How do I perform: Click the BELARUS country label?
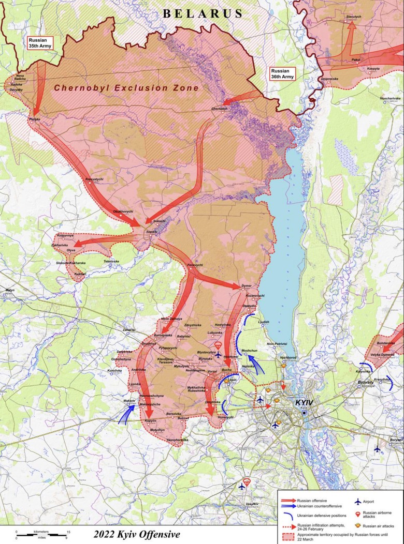(203, 13)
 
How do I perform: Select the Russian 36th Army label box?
(282, 73)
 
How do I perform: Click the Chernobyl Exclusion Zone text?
(127, 88)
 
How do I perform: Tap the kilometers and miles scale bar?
(41, 535)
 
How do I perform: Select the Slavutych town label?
(353, 17)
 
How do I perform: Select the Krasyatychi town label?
(94, 179)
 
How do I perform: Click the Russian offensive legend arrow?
(288, 501)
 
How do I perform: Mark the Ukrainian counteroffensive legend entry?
(288, 506)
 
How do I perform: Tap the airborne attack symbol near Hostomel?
(218, 345)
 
